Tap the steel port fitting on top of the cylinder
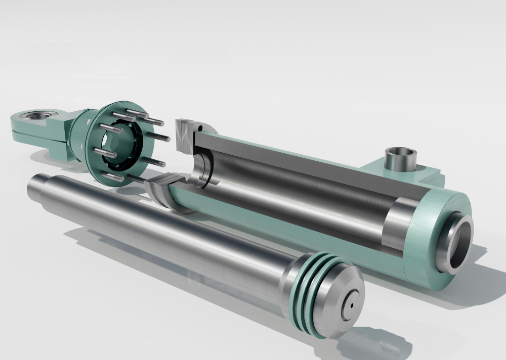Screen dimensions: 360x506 400,159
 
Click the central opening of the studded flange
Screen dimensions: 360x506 118,147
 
